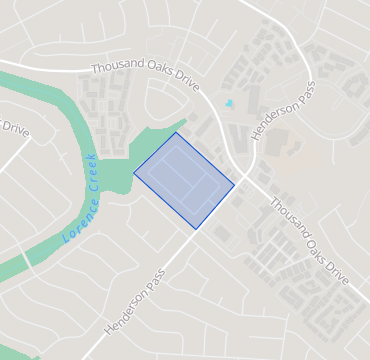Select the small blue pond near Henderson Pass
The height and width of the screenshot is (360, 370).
229,103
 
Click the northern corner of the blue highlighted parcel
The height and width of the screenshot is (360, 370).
177,132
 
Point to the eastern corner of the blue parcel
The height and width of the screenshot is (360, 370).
234,184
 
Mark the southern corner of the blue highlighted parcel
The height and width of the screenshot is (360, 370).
195,229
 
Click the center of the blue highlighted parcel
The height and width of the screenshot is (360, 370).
185,180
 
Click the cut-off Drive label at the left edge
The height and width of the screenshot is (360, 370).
14,129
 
